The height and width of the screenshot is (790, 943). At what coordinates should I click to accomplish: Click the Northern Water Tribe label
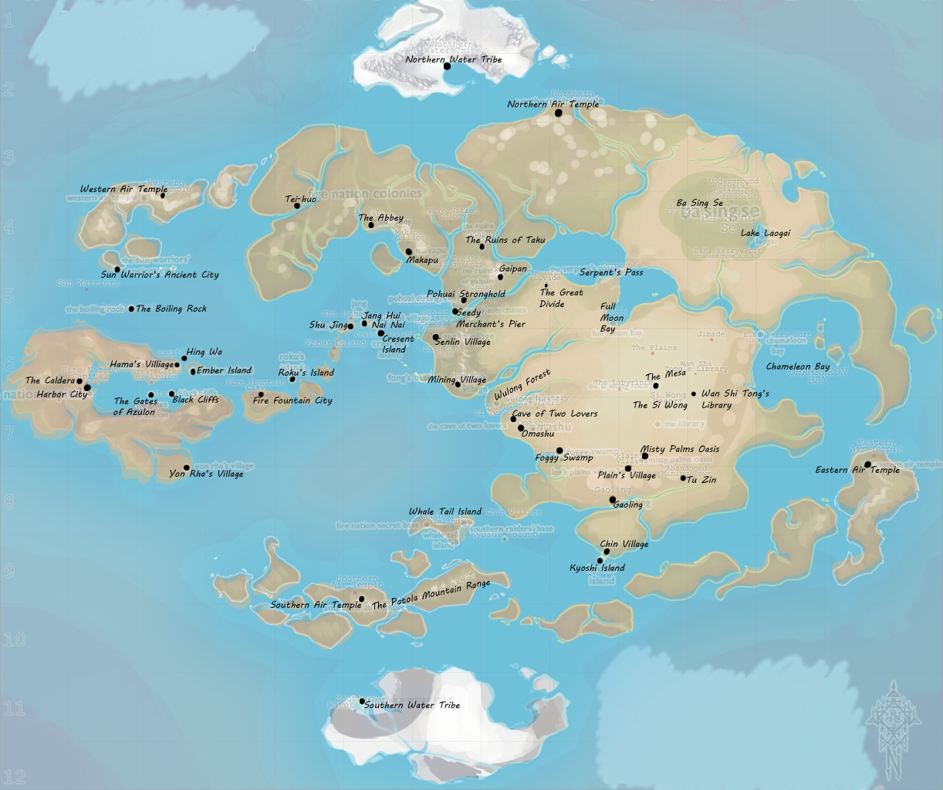tap(454, 59)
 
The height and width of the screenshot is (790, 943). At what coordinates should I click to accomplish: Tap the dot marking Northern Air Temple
tap(559, 113)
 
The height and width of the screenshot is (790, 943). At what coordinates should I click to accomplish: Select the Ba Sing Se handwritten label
tap(699, 203)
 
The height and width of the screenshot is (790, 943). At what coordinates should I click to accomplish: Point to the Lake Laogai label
tap(766, 233)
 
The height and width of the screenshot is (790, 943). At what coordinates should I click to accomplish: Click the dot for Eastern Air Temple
tap(867, 464)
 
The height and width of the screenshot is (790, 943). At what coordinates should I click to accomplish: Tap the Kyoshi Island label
tap(597, 569)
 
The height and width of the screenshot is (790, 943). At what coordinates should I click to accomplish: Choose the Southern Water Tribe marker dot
tap(362, 701)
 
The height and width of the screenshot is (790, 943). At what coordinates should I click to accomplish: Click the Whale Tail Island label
tap(444, 511)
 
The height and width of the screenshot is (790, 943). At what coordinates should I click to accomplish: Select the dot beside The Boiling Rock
tap(131, 309)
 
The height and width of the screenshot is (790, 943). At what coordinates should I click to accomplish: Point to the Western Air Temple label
tap(123, 189)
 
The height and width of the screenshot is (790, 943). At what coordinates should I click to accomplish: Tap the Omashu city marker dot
tap(521, 427)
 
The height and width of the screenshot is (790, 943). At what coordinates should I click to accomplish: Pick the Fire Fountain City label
tap(292, 400)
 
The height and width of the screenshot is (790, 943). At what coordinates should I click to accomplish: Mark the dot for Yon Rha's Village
tap(187, 468)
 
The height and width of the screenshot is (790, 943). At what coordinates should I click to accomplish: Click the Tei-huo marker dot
tap(297, 206)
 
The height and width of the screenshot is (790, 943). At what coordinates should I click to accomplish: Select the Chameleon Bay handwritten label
tap(798, 366)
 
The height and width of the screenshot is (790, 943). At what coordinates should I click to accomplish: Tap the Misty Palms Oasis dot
tap(645, 456)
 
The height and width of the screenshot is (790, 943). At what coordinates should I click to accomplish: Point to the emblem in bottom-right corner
tap(894, 729)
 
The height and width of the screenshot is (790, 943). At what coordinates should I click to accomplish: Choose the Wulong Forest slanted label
tap(522, 385)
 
